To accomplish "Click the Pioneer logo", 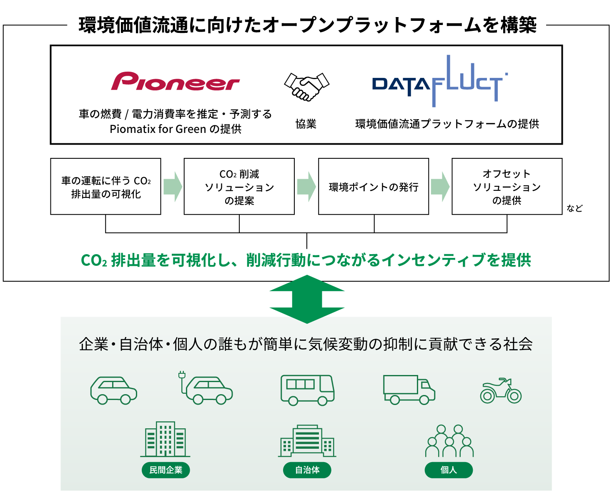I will (175, 81).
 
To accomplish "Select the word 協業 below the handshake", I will (306, 124).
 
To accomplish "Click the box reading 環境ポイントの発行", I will (374, 187).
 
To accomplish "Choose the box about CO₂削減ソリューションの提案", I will (239, 187).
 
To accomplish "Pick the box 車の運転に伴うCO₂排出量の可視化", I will (105, 187).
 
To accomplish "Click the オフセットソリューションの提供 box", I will (507, 187).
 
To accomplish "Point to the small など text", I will (574, 208).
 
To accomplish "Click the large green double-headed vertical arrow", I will (307, 299).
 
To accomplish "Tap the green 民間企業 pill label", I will (166, 470).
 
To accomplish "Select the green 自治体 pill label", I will (307, 470).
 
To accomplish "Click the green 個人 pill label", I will (449, 470).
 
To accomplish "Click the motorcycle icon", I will (501, 391).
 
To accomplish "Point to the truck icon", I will (409, 390).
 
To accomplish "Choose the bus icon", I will (307, 390).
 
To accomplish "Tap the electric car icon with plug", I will (206, 388).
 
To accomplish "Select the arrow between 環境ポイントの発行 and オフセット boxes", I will (440, 187).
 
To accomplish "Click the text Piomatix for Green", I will (158, 129).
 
